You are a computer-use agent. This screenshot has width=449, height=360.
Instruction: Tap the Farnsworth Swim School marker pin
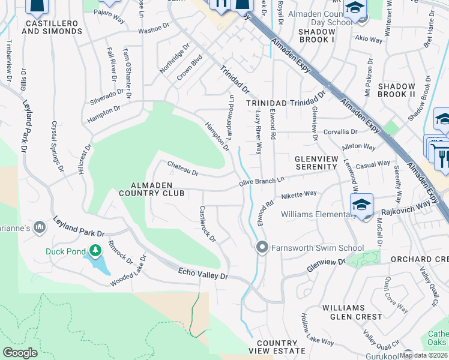(262, 247)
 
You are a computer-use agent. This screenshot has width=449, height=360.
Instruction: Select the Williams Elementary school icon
(361, 206)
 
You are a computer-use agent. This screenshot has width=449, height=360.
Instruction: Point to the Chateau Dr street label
(182, 167)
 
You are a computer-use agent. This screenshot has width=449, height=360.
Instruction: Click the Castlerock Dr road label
(207, 224)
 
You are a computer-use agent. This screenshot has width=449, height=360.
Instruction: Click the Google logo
(20, 353)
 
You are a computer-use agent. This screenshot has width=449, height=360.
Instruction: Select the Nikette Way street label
(298, 195)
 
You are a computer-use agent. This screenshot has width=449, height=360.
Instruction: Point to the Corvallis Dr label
(340, 131)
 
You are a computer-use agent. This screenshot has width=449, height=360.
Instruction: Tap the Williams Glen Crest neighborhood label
(352, 311)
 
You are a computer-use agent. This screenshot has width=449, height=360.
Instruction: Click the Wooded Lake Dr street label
(128, 271)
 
